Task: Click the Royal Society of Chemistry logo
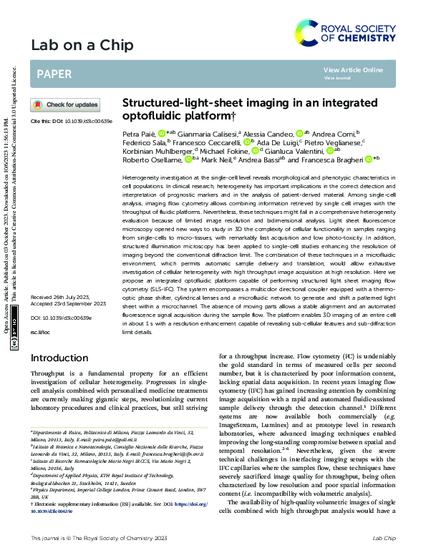pos(344,32)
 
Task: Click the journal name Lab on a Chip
pos(82,46)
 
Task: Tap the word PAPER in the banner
pos(54,74)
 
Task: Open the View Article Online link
pos(353,69)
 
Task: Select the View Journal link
pos(337,77)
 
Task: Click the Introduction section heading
pos(59,358)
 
